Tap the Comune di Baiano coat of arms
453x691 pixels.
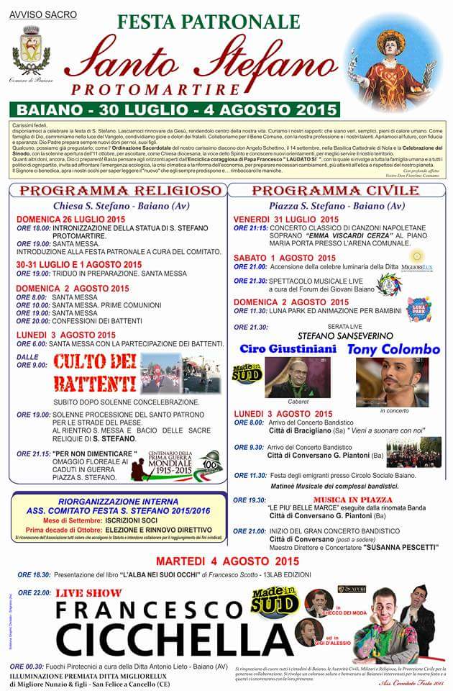31,50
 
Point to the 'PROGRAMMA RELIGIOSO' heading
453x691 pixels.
120,191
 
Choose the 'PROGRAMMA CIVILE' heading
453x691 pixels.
336,191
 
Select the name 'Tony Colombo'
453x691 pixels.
394,349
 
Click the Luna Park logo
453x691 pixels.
418,309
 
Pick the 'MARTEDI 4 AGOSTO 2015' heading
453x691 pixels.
226,561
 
